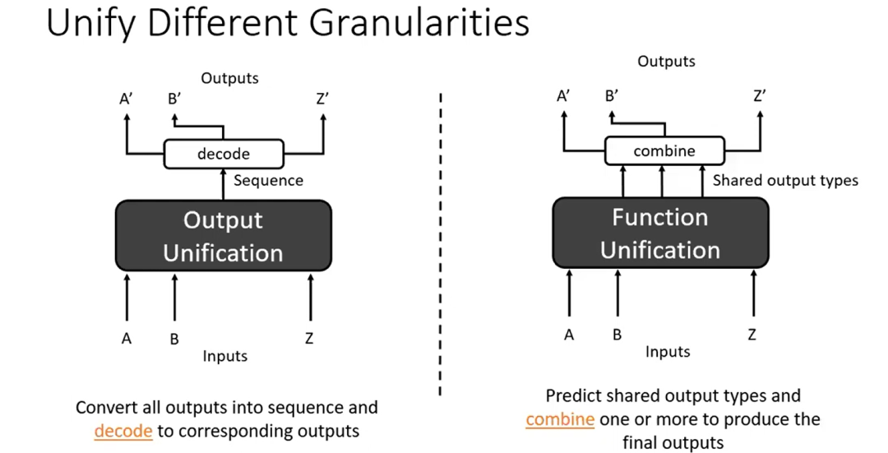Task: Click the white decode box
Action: point(224,154)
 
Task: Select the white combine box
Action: point(664,150)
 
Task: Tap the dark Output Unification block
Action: point(223,236)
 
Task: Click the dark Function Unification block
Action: point(660,233)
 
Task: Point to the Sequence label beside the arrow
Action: point(268,180)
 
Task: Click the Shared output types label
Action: point(784,180)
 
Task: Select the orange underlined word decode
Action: point(123,431)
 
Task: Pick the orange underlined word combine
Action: point(560,419)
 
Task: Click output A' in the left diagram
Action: point(126,99)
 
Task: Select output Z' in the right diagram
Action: point(759,95)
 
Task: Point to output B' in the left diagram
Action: point(174,99)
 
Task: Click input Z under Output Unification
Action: point(309,339)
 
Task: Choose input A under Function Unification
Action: point(568,335)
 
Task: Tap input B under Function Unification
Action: point(617,335)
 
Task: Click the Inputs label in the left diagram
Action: point(225,356)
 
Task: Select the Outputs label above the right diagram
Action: point(666,61)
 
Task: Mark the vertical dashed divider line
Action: point(441,247)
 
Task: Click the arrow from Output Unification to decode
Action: point(223,184)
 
